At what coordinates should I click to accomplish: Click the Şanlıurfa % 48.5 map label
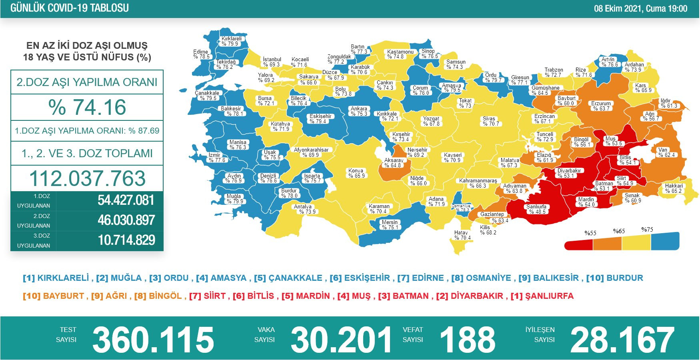(536, 209)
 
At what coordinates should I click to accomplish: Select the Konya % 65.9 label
(356, 173)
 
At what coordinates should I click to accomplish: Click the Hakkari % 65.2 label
(674, 188)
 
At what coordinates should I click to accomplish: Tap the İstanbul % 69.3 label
(272, 62)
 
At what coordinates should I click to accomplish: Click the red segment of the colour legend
(578, 244)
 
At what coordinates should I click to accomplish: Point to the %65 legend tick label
(619, 231)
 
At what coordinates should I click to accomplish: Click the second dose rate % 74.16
(87, 107)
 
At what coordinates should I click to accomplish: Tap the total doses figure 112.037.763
(87, 178)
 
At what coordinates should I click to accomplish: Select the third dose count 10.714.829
(126, 240)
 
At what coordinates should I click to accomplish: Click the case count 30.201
(341, 340)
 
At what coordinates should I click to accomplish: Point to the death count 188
(467, 340)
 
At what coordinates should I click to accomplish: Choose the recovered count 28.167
(622, 340)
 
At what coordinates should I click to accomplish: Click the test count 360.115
(153, 340)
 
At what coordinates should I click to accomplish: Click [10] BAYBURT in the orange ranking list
(54, 296)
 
